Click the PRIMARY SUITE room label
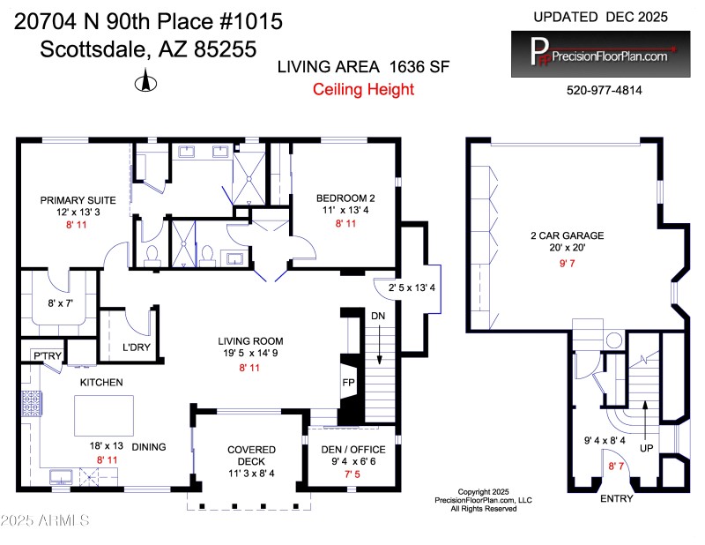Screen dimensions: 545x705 point(72,200)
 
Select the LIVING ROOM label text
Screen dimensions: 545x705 point(251,340)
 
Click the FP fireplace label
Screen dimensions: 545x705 point(348,384)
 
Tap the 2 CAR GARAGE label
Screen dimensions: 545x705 point(567,235)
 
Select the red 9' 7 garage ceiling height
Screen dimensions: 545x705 point(566,262)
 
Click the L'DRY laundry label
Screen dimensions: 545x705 point(136,347)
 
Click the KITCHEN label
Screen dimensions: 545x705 point(101,382)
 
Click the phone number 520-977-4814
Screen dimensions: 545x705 point(605,90)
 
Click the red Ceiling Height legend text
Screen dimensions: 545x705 point(363,89)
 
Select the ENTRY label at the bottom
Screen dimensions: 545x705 point(616,498)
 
